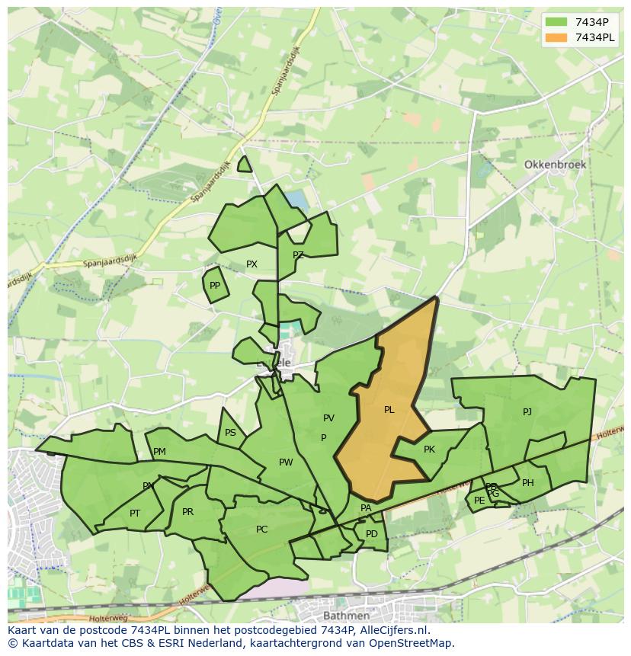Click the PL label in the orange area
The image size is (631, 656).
click(x=389, y=410)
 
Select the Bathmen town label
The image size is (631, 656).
click(x=346, y=615)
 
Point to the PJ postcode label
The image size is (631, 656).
click(x=527, y=412)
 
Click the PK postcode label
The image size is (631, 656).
click(x=429, y=450)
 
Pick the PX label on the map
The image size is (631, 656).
click(x=251, y=264)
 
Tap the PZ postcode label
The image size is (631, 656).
click(x=298, y=255)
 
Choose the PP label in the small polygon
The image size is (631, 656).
click(x=215, y=286)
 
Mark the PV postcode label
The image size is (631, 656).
click(x=328, y=418)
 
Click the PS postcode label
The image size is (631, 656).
click(x=230, y=433)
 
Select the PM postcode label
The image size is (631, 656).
click(x=159, y=452)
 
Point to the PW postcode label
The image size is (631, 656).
click(x=286, y=462)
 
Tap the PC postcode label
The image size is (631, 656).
click(x=261, y=530)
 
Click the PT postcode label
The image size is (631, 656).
click(x=135, y=513)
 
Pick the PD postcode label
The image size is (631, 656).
click(x=371, y=533)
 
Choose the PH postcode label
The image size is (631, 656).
click(x=527, y=482)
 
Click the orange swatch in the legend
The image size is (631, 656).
click(x=556, y=37)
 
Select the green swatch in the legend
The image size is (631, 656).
click(x=556, y=21)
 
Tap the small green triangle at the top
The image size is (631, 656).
click(x=244, y=165)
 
